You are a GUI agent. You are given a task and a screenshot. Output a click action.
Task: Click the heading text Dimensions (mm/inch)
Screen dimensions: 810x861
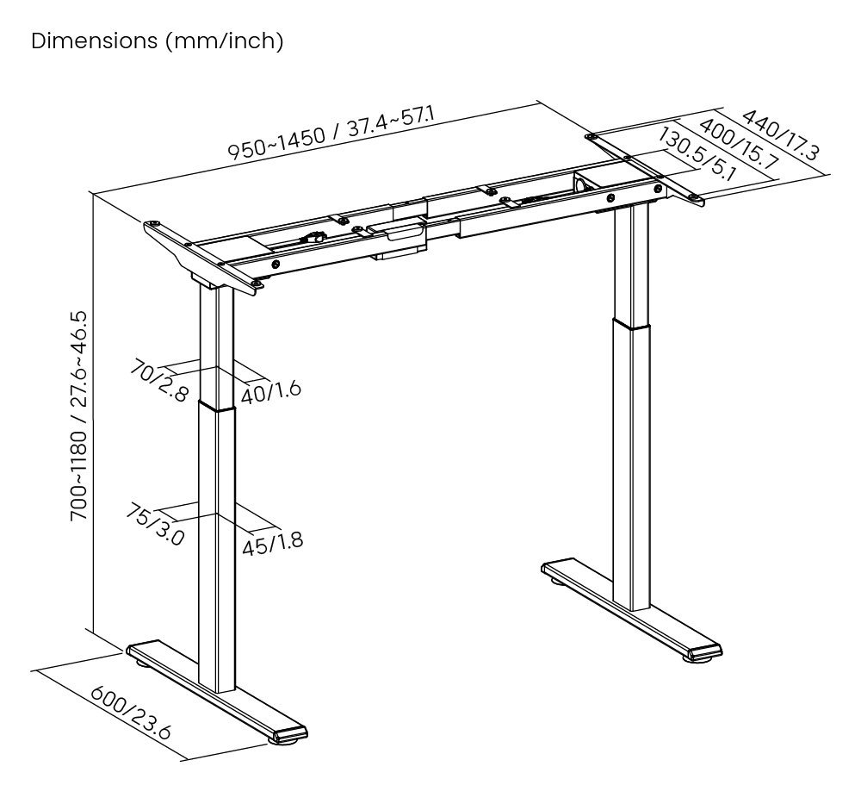tap(157, 41)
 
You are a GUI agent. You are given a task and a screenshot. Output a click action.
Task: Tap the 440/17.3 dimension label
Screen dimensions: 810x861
tap(780, 134)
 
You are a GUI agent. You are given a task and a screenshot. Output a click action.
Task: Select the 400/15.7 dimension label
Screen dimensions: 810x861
tap(739, 143)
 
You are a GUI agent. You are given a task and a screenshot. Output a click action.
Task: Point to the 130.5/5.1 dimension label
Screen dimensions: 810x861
tap(697, 153)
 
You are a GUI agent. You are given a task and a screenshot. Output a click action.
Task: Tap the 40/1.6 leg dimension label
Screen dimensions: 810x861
tap(270, 391)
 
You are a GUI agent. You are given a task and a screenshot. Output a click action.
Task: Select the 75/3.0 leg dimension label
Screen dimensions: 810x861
tap(155, 525)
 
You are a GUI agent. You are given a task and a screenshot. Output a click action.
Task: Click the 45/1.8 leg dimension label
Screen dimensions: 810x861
tap(272, 544)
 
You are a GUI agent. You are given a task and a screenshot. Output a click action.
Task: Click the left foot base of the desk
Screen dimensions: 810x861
tap(215, 690)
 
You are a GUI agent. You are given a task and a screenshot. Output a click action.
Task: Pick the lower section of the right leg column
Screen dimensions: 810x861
tap(637, 465)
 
